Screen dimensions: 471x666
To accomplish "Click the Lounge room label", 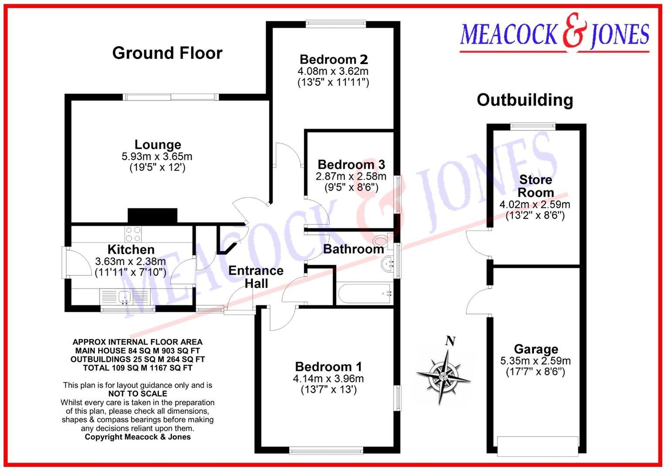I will (157, 145).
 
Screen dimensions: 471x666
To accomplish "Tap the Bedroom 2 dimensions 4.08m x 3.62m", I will (333, 71).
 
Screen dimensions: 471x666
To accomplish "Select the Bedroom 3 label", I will (351, 164).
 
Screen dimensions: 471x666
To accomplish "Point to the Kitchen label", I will (131, 249).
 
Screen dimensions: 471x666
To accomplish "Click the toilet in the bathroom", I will (382, 240).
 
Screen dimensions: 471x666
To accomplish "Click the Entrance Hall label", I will (256, 277).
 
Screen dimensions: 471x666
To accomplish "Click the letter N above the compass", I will (450, 341).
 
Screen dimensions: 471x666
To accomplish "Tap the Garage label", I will (536, 349).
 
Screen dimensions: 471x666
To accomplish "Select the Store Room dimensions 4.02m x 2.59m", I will (535, 204).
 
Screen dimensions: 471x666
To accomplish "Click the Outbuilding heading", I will (525, 100).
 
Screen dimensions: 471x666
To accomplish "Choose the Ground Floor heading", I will (167, 53).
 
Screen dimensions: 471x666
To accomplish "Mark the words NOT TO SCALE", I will (137, 394).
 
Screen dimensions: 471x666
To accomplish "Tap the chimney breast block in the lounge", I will (153, 215).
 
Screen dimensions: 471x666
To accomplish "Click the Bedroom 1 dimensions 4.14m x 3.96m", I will (328, 379).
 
